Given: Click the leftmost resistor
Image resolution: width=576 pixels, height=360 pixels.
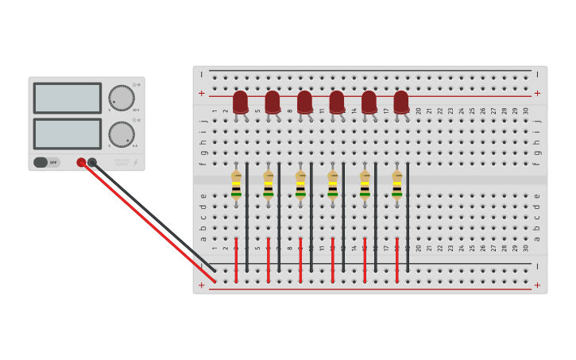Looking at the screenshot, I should (236, 186).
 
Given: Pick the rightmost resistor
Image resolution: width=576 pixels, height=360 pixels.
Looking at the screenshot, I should (396, 186).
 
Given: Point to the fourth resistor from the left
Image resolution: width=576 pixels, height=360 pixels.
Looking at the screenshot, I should (332, 186).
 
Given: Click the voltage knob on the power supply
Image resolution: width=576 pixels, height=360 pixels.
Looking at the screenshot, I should (121, 98).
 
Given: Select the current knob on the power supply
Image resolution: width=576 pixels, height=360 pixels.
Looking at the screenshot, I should (121, 134).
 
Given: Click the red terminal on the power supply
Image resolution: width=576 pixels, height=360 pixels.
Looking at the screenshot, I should (81, 162).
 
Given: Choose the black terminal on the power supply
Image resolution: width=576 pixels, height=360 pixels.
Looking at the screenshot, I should (92, 162).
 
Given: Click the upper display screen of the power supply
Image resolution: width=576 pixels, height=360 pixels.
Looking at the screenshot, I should (67, 98).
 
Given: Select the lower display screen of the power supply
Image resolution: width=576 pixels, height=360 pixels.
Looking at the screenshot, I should (67, 134).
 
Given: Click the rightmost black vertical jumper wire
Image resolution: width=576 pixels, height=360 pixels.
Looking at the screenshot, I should (408, 216).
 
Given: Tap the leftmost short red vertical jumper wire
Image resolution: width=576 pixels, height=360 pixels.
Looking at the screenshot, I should (236, 259).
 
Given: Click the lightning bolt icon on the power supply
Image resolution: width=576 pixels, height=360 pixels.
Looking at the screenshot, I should (135, 162).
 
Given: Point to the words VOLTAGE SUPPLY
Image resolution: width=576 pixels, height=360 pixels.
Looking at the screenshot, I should (121, 162).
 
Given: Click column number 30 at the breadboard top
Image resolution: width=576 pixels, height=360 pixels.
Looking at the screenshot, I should (526, 110).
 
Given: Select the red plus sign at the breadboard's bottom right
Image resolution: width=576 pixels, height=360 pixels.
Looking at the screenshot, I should (537, 285).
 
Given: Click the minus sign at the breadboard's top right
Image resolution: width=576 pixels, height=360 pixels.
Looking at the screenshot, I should (537, 75).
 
